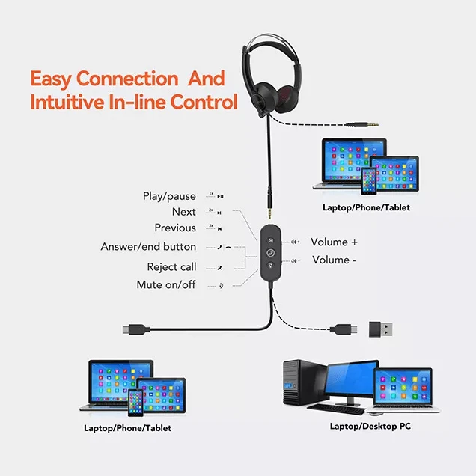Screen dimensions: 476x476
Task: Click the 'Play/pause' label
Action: pos(169,197)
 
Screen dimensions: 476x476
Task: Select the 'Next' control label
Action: pos(183,213)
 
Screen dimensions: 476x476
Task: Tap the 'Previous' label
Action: pos(175,228)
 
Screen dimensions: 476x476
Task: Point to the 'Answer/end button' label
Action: pos(148,247)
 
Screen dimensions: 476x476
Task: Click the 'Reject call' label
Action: pos(171,267)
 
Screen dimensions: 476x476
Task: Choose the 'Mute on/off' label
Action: pos(165,285)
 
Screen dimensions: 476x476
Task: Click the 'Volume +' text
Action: pos(335,242)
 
